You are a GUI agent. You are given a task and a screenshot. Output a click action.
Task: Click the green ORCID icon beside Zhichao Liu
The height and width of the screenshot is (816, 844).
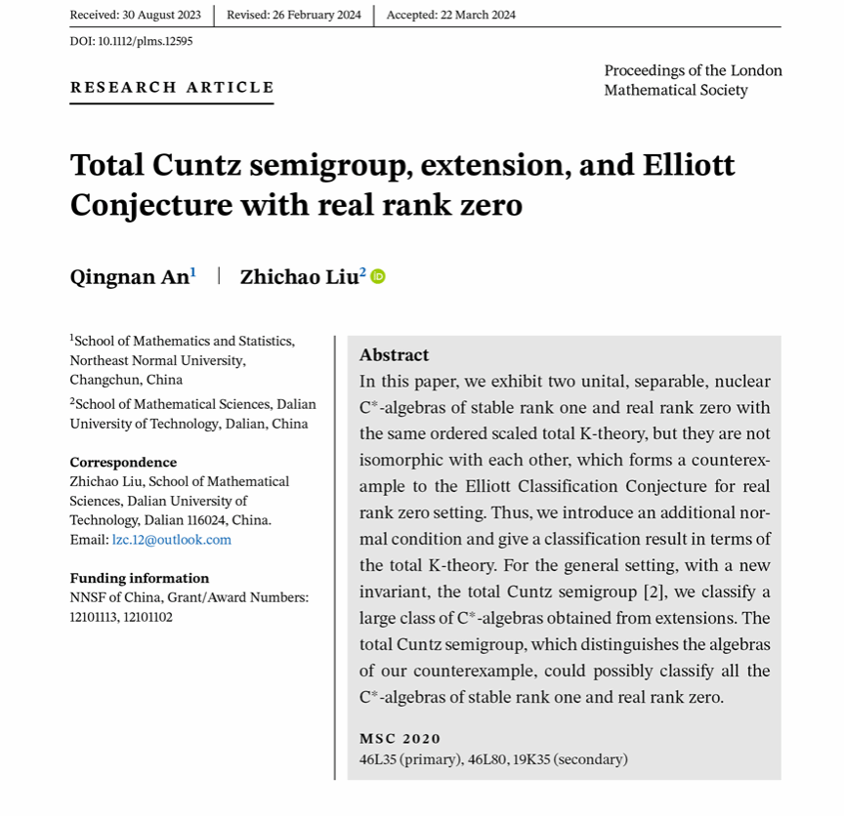pyautogui.click(x=378, y=276)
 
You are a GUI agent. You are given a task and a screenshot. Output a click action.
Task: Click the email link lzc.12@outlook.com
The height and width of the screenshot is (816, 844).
pyautogui.click(x=172, y=540)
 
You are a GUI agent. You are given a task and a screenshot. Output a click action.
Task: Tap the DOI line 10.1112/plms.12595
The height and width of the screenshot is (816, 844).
pyautogui.click(x=131, y=41)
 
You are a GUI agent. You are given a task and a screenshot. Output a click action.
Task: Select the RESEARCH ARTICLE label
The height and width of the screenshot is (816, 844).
pyautogui.click(x=172, y=88)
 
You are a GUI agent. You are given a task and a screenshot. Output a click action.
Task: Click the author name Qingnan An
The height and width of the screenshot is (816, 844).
pyautogui.click(x=129, y=277)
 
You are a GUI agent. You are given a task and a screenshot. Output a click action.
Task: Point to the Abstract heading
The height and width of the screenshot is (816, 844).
pyautogui.click(x=394, y=355)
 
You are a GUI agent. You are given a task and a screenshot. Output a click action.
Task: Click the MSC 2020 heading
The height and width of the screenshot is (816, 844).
pyautogui.click(x=400, y=739)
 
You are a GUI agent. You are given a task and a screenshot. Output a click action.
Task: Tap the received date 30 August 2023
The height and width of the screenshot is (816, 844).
pyautogui.click(x=136, y=15)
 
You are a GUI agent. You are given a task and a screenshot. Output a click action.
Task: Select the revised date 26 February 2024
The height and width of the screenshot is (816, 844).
pyautogui.click(x=293, y=15)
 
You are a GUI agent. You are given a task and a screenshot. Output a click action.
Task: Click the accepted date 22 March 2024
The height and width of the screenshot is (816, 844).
pyautogui.click(x=450, y=15)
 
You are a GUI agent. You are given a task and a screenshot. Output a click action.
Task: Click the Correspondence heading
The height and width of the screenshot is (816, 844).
pyautogui.click(x=123, y=463)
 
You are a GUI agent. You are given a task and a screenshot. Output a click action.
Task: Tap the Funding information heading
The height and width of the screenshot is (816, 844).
pyautogui.click(x=139, y=578)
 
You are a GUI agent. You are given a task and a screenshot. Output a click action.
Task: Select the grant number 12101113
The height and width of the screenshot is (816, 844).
pyautogui.click(x=95, y=617)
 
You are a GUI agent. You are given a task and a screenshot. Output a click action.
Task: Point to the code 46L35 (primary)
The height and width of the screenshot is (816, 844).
pyautogui.click(x=410, y=759)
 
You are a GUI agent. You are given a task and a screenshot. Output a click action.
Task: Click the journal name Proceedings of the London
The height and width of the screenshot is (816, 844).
pyautogui.click(x=693, y=70)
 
